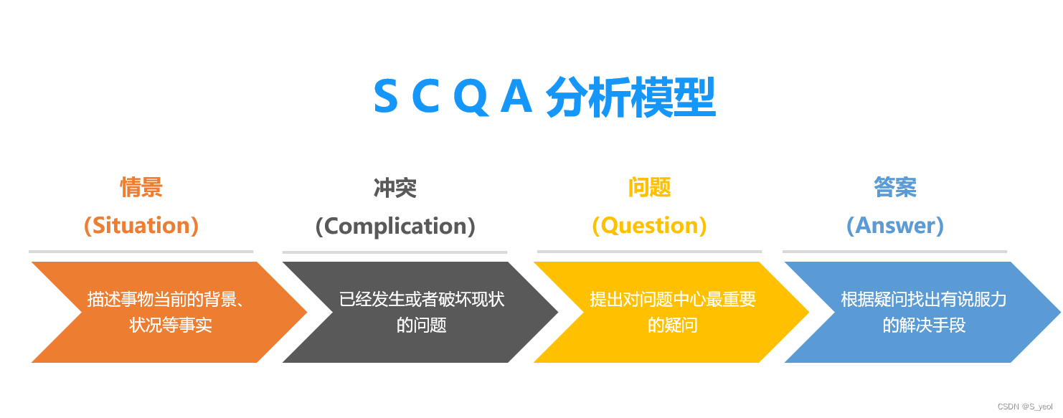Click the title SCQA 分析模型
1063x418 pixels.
544,98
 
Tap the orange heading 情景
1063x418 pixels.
141,188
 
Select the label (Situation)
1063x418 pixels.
141,226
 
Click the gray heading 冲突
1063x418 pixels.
395,189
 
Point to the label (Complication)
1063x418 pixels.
395,227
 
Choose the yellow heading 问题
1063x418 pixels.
649,188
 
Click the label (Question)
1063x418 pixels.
649,226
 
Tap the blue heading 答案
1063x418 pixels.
894,188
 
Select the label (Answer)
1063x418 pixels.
894,226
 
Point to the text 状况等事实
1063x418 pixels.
171,325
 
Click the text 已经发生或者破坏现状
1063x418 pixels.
422,299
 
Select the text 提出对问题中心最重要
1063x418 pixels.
673,299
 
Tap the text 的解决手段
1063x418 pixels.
924,325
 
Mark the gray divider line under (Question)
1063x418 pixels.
649,252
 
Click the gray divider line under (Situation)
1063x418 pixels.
141,252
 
